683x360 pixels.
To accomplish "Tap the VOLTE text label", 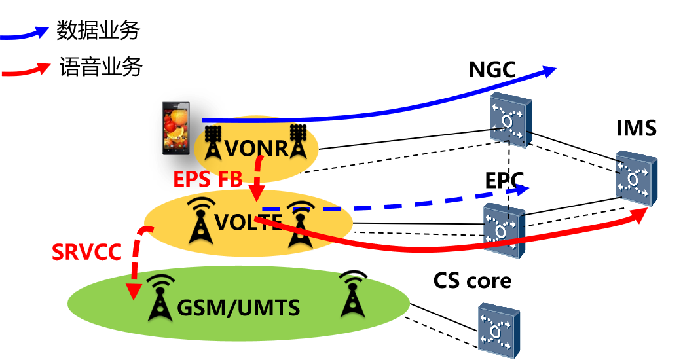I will (x=248, y=223).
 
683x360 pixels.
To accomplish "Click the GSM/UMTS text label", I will (x=238, y=307).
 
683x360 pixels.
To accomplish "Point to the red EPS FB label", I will (x=208, y=179).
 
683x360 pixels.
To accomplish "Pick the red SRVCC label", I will (x=86, y=252).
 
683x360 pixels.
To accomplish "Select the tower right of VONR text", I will (x=299, y=141).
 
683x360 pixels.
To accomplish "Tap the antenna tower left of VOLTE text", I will (x=199, y=221).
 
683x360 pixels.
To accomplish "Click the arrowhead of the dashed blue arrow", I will (x=523, y=190).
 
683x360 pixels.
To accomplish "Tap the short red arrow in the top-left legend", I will (x=26, y=70).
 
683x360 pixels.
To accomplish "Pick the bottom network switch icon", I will (x=498, y=331).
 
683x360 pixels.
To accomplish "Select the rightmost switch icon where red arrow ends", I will (x=635, y=178).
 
